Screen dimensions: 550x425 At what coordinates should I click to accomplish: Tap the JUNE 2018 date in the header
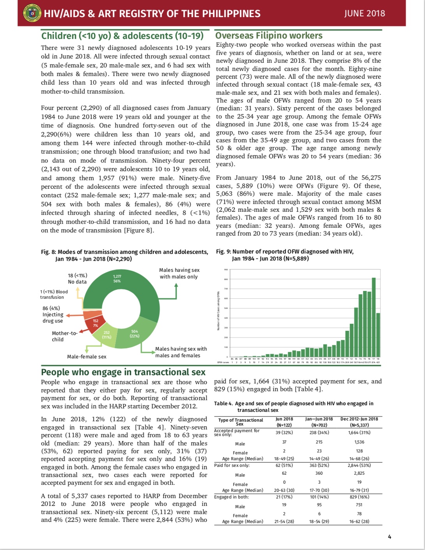coord(364,14)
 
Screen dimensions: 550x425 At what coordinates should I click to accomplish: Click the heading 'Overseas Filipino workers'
coord(269,35)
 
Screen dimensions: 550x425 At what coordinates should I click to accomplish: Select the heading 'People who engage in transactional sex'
coord(123,372)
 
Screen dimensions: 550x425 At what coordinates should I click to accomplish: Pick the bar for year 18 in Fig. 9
coord(378,335)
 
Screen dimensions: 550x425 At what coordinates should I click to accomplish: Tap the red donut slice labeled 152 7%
coord(96,323)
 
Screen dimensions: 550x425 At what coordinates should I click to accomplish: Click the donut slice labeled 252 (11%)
coord(106,335)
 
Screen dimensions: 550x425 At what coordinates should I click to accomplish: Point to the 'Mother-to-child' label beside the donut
coord(64,336)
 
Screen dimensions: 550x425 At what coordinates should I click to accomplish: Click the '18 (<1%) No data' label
coord(77,279)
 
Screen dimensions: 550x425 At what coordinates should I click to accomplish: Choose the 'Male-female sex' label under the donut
coord(87,357)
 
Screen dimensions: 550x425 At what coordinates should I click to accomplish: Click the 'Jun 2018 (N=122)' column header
coord(284,422)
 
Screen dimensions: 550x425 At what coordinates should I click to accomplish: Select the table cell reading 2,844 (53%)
coord(359,465)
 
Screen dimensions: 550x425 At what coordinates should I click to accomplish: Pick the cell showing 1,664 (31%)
coord(359,432)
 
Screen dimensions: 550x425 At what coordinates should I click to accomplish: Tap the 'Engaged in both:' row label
coord(232,497)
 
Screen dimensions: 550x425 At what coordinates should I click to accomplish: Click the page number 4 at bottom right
coord(389,537)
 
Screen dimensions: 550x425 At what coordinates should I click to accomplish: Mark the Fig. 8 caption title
coord(124,255)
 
